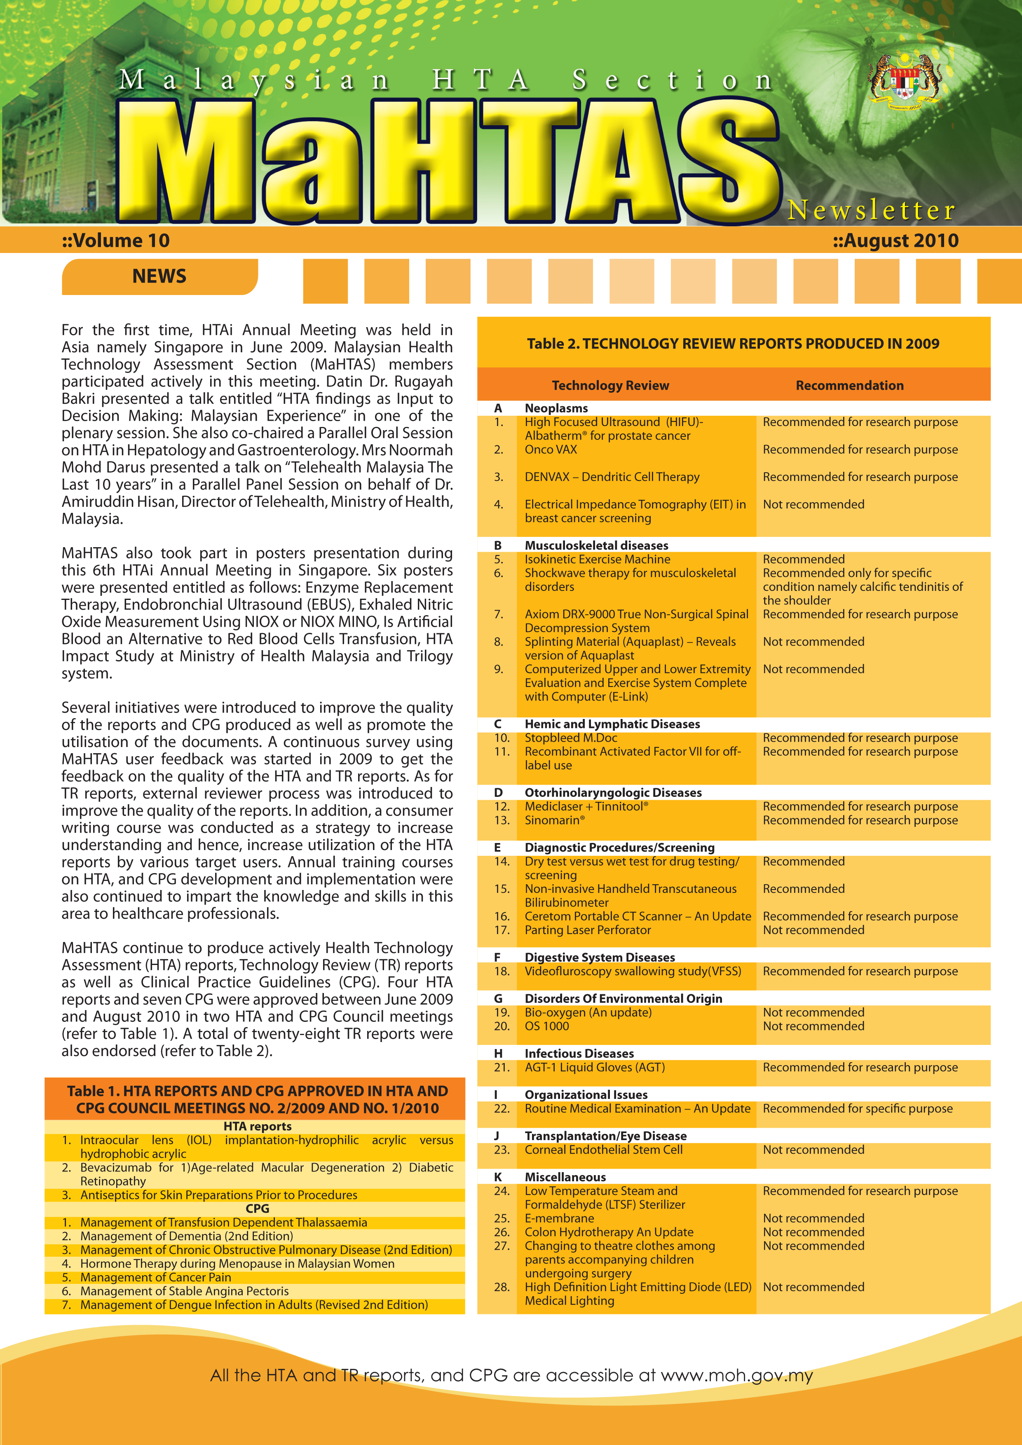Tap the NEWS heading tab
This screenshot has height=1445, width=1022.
pyautogui.click(x=159, y=276)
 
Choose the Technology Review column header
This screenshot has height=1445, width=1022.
pyautogui.click(x=610, y=385)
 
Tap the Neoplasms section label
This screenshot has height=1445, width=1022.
pyautogui.click(x=556, y=408)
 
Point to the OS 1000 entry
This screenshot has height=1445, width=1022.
pyautogui.click(x=546, y=1026)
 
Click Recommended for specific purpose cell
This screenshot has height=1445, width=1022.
pyautogui.click(x=857, y=1108)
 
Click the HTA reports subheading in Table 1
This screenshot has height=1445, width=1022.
pyautogui.click(x=258, y=1126)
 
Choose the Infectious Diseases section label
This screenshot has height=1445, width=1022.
pyautogui.click(x=579, y=1053)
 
